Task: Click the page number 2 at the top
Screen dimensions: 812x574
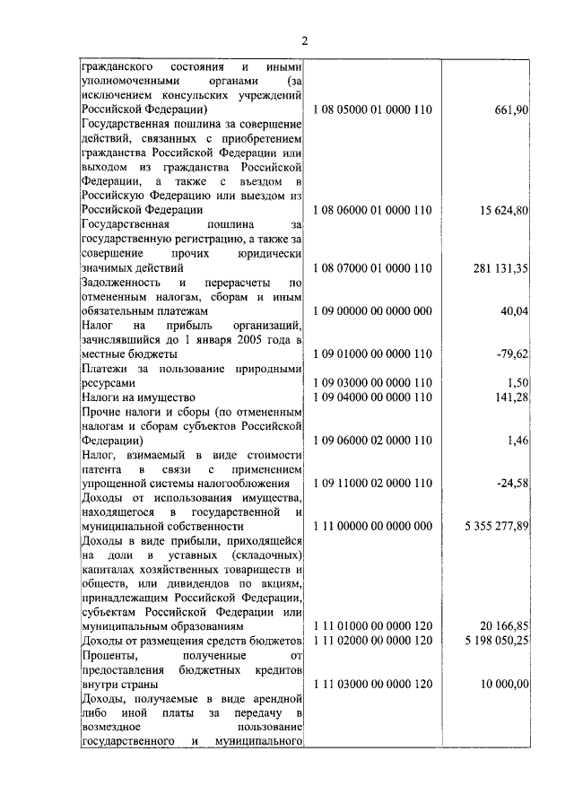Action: click(x=305, y=40)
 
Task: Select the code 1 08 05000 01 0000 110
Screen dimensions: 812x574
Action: click(x=373, y=109)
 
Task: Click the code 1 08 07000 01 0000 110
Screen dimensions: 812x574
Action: click(x=373, y=267)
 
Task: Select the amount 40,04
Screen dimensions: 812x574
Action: click(x=515, y=310)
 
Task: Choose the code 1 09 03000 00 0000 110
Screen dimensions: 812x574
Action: click(x=373, y=382)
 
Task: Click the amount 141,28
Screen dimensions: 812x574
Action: click(x=512, y=397)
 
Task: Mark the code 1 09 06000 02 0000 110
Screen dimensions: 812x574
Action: click(x=373, y=440)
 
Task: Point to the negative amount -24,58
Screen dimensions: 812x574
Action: click(x=513, y=484)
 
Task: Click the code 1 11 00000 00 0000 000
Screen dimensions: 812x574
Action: click(x=373, y=526)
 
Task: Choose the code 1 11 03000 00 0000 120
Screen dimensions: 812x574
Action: click(x=373, y=684)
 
